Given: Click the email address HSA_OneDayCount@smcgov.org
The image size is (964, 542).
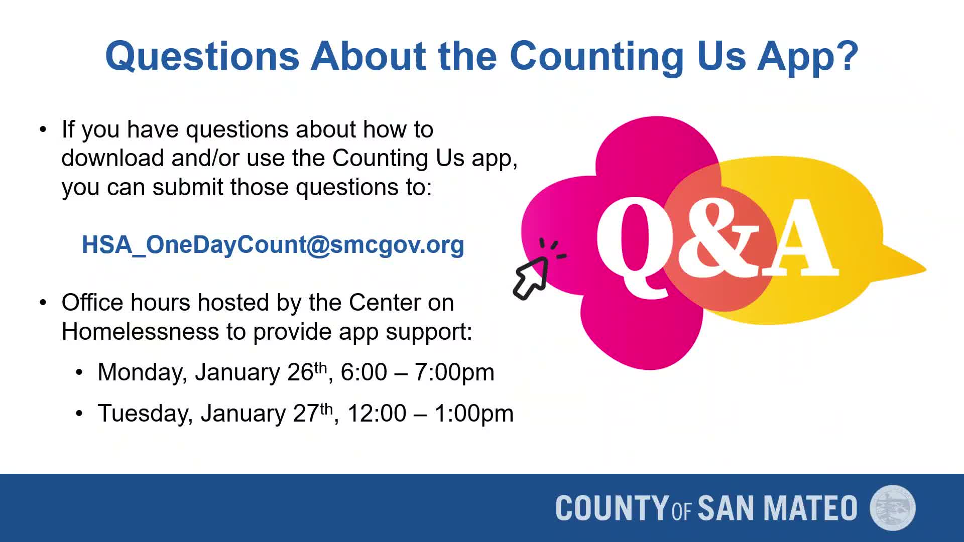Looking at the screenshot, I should pyautogui.click(x=273, y=245).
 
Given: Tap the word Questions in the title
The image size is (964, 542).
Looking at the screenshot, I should pyautogui.click(x=202, y=56).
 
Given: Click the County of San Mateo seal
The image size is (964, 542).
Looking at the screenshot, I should pyautogui.click(x=892, y=507).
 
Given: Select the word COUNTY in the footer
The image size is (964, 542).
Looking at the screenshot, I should pyautogui.click(x=612, y=508).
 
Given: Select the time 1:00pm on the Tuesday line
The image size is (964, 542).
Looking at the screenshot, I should pyautogui.click(x=473, y=414).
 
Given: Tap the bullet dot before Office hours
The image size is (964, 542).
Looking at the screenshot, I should pyautogui.click(x=43, y=303).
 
